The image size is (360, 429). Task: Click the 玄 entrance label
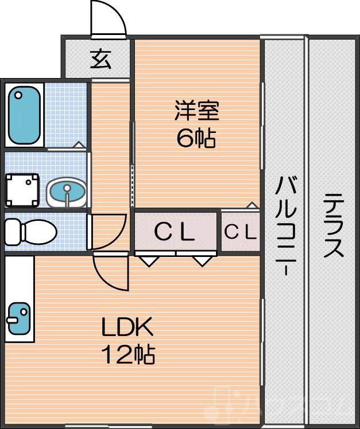point(100,59)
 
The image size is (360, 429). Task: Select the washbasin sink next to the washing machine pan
point(66,191)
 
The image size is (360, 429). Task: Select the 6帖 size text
point(196,138)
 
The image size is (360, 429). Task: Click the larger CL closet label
point(176,232)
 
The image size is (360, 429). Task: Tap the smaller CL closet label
point(239,232)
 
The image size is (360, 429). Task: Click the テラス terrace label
point(333,226)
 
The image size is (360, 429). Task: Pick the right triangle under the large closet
point(202,262)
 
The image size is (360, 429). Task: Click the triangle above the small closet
point(251,205)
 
